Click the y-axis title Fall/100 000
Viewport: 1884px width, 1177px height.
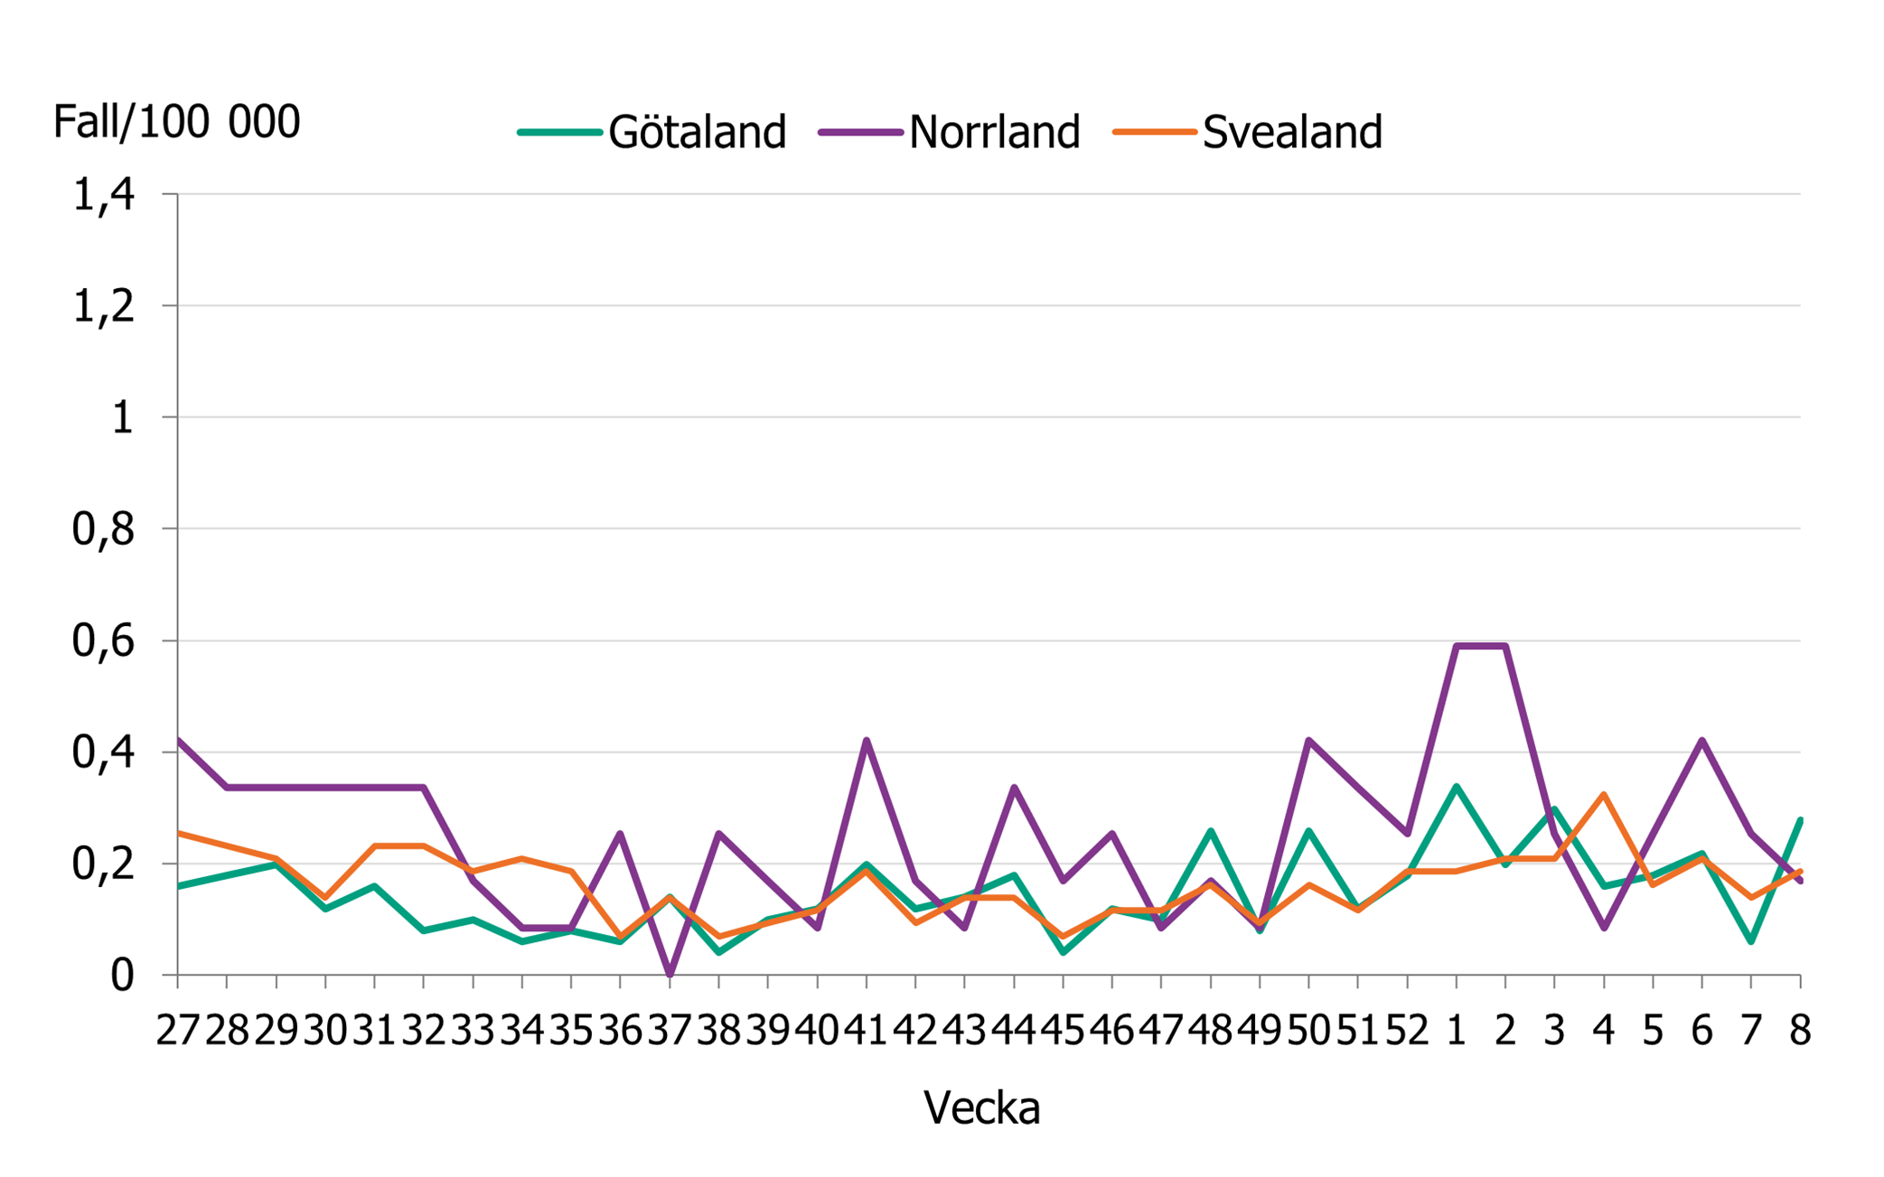[x=176, y=121]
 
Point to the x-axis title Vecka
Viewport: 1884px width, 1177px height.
[x=981, y=1107]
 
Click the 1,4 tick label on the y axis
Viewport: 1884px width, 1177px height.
[x=103, y=194]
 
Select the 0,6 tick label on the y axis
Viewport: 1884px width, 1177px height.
[x=103, y=640]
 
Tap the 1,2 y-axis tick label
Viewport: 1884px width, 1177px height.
[x=103, y=306]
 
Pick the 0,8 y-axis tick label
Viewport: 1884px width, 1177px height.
[x=103, y=529]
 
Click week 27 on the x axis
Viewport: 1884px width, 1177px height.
[x=178, y=1030]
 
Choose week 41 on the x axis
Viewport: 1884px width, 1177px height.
[x=867, y=1030]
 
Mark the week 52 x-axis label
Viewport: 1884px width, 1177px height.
[x=1407, y=1030]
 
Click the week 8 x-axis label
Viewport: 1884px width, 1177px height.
[x=1800, y=1030]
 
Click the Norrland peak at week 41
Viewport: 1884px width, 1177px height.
[x=867, y=741]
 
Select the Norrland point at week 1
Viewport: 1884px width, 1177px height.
[x=1457, y=646]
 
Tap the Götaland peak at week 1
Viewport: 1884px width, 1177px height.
[x=1457, y=786]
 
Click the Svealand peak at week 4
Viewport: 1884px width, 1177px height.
[x=1604, y=794]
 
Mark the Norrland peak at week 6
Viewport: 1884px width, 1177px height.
[x=1702, y=741]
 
